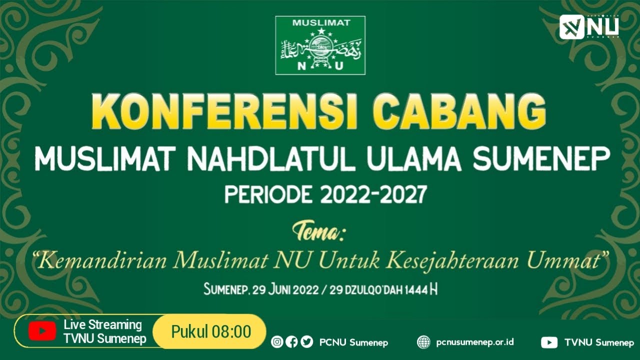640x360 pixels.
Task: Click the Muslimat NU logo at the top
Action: [320, 45]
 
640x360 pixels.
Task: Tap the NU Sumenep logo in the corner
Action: [589, 27]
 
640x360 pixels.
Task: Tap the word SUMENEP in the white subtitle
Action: [541, 159]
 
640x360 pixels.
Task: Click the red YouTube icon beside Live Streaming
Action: [42, 331]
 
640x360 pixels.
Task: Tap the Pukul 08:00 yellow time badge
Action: [210, 331]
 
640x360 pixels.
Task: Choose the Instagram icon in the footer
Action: [276, 342]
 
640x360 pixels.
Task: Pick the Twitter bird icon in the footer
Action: [307, 342]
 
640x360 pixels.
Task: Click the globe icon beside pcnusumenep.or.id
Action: [423, 342]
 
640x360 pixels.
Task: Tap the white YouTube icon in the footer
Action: [549, 342]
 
